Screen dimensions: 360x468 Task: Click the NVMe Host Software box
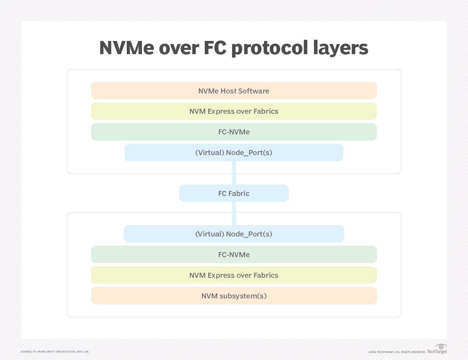point(234,91)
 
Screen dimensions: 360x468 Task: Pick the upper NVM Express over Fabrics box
point(234,111)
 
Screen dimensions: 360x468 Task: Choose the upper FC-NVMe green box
point(234,132)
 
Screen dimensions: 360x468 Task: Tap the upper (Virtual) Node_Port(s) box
point(234,153)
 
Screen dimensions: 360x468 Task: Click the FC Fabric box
point(234,193)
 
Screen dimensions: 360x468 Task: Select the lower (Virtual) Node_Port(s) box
point(234,234)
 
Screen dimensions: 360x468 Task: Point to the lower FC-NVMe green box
point(234,255)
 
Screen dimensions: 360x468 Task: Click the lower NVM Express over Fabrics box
point(234,275)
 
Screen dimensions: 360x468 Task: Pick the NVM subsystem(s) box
point(234,296)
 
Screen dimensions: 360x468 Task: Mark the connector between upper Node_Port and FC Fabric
point(234,173)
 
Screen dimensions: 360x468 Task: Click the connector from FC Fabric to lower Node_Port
point(234,214)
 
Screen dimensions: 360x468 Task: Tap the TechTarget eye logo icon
point(441,346)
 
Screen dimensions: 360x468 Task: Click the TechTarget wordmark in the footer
point(437,352)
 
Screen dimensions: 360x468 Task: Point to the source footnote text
point(55,352)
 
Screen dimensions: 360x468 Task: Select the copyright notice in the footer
point(396,352)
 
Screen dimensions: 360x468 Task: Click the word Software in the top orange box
point(255,91)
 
